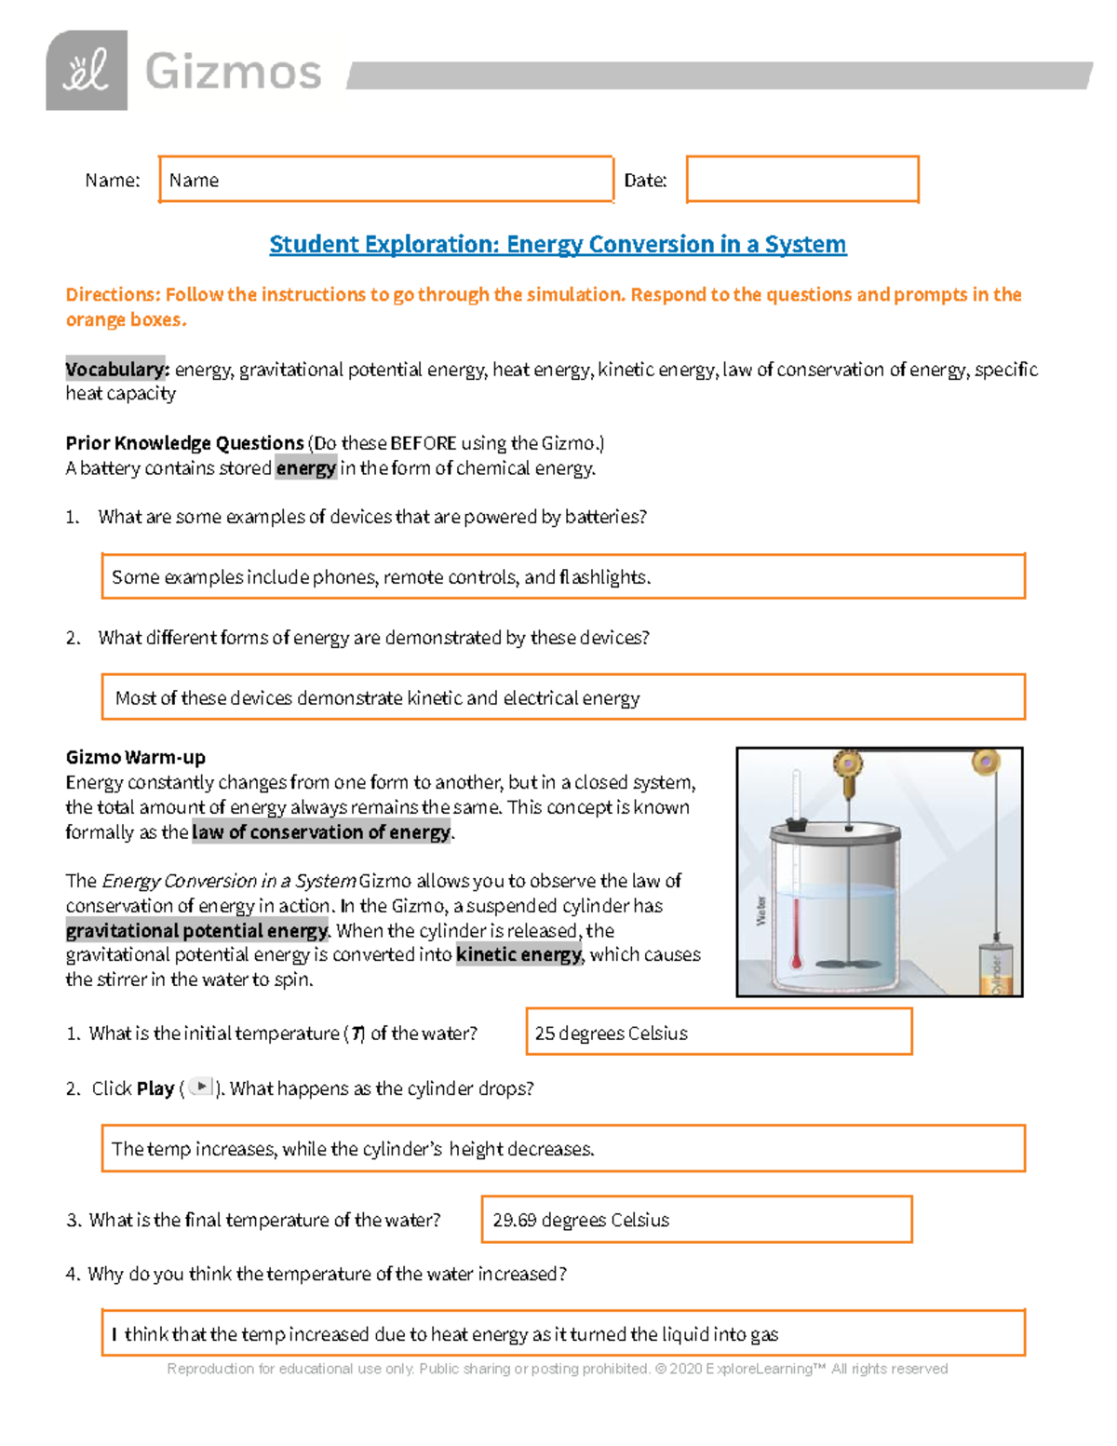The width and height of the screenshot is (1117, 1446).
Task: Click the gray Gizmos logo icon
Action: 87,71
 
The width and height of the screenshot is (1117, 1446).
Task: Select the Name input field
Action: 385,180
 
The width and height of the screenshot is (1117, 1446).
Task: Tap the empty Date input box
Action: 802,180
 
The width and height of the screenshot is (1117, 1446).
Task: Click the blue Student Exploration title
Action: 558,244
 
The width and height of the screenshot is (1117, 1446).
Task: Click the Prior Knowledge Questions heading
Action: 184,443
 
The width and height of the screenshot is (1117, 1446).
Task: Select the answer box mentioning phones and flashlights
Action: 563,577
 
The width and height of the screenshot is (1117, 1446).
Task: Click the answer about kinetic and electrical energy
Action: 563,697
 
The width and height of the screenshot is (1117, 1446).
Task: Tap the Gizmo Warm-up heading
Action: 135,757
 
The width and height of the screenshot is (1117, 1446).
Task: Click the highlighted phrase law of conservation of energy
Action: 321,832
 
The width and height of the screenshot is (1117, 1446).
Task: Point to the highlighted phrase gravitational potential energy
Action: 196,930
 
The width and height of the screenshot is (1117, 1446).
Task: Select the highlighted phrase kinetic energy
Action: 518,954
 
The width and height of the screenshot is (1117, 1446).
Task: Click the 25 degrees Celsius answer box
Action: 719,1033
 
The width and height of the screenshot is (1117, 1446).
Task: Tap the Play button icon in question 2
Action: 201,1087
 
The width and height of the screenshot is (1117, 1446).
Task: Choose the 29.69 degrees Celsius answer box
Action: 696,1220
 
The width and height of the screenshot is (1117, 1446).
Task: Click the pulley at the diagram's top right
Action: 986,764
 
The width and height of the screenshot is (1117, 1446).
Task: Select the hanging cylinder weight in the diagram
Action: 995,969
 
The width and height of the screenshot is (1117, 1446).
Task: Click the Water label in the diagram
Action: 761,911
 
